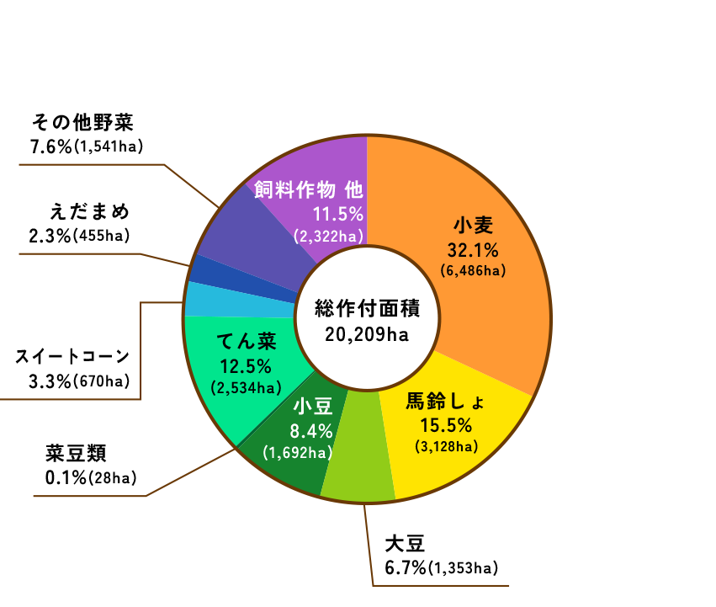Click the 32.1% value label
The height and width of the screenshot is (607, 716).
(473, 250)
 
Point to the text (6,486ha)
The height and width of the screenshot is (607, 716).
(473, 270)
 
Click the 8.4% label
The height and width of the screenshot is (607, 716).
(311, 432)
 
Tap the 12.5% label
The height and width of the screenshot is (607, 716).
(245, 367)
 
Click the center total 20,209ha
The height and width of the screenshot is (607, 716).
(366, 334)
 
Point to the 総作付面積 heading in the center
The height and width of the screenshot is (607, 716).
(366, 308)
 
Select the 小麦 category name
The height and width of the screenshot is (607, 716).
(473, 225)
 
